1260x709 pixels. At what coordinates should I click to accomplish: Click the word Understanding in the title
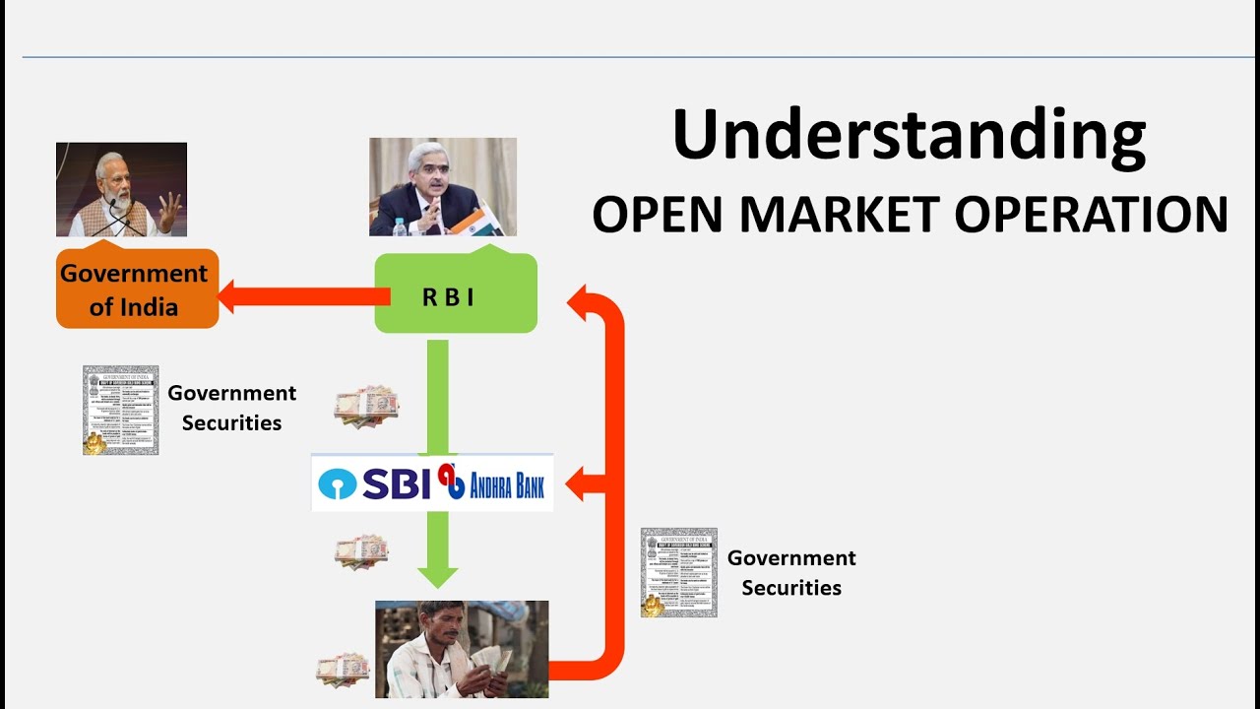909,135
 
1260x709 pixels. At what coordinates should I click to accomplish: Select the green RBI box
456,294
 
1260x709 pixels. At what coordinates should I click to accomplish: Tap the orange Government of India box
136,290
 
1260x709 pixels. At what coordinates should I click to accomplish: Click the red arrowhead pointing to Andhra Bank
581,483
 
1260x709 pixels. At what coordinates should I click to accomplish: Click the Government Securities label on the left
231,408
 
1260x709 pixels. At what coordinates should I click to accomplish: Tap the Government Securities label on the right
791,572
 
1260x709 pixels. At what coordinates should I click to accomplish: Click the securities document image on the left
120,410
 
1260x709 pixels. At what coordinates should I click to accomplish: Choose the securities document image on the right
678,572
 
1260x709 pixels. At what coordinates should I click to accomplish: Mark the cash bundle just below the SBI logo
360,551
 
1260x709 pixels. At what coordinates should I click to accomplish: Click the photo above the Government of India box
121,189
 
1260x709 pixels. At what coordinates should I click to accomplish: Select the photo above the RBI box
442,186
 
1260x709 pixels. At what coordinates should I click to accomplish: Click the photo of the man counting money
462,649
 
